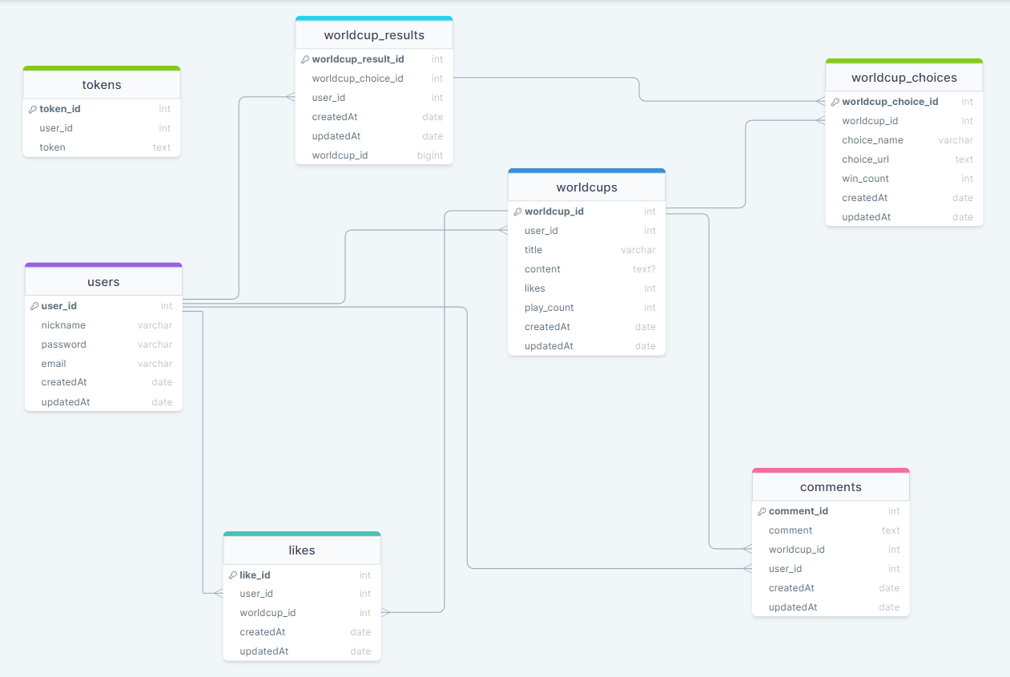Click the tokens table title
click(x=102, y=85)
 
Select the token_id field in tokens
click(x=60, y=109)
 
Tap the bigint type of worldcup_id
click(x=429, y=155)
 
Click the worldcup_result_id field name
click(x=357, y=59)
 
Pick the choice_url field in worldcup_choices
click(x=865, y=159)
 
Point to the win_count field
click(x=865, y=179)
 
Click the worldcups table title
click(x=586, y=187)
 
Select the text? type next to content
click(x=644, y=269)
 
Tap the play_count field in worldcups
click(x=549, y=308)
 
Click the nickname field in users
click(x=63, y=325)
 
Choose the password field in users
click(x=63, y=345)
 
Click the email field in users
click(x=54, y=364)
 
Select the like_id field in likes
click(x=255, y=575)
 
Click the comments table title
click(x=831, y=487)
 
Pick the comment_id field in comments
click(x=798, y=511)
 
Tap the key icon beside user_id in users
click(x=34, y=306)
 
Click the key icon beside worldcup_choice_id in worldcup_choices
click(x=835, y=102)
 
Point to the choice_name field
click(x=872, y=140)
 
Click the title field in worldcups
click(x=533, y=250)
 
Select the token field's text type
click(x=162, y=147)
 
